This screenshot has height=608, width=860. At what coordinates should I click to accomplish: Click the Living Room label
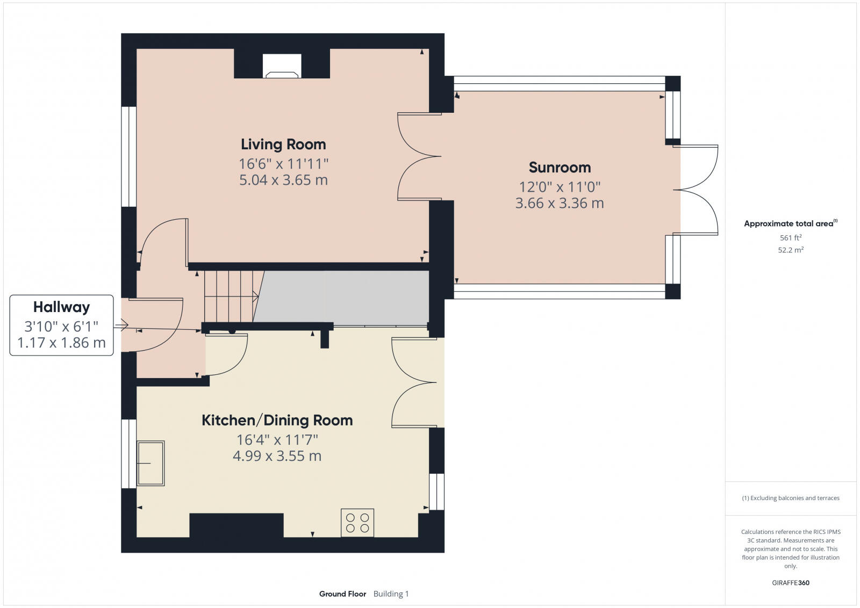point(283,144)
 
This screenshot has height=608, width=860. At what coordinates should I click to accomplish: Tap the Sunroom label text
point(560,168)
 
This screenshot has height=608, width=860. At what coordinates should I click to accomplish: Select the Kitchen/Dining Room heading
point(277,421)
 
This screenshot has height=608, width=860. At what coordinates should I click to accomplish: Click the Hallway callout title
point(61,307)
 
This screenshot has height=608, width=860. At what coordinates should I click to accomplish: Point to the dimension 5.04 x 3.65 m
point(283,180)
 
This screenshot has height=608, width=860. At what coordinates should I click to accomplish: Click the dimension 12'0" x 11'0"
point(560,187)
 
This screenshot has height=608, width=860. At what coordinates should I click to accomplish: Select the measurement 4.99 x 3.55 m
point(277,456)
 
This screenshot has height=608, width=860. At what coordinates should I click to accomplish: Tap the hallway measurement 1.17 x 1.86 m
point(61,343)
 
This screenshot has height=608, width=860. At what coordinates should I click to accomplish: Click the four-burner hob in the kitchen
point(357,523)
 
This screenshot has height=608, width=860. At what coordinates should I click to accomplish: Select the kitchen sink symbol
point(151,463)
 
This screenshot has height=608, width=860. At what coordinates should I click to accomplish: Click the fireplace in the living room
point(282,66)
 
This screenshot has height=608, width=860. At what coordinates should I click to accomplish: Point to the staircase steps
point(230,296)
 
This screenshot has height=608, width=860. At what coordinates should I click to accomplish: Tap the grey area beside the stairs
point(344,297)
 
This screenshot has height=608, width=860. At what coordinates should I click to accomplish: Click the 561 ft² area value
point(791,237)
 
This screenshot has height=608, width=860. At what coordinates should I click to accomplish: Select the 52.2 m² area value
point(791,250)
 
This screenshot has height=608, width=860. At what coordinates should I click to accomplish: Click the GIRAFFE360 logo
point(791,583)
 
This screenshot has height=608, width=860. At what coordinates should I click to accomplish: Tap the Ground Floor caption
point(342,593)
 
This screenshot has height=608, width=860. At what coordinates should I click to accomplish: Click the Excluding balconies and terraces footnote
point(791,498)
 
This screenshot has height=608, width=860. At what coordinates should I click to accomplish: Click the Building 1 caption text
point(391,593)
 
